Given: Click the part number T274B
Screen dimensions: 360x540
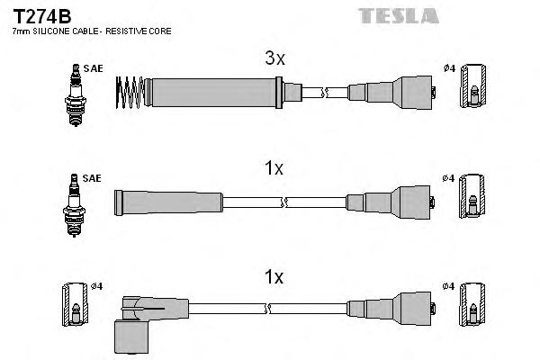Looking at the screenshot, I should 41,15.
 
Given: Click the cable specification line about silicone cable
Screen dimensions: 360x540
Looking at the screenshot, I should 91,31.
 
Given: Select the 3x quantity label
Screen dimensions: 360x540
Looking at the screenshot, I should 274,59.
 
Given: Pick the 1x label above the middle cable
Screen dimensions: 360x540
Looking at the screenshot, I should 274,168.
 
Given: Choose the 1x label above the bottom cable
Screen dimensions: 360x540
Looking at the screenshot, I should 274,279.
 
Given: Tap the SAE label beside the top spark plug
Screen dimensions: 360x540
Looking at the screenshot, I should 92,68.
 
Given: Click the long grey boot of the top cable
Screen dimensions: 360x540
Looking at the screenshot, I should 212,90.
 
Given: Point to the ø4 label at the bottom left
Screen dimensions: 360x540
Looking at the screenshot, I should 97,286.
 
